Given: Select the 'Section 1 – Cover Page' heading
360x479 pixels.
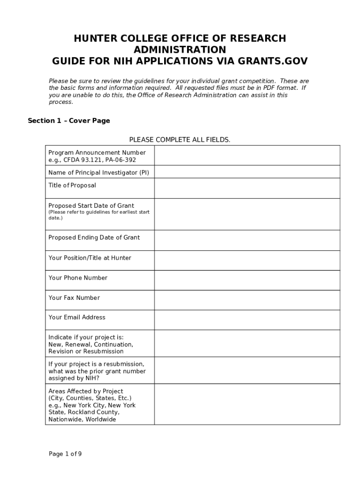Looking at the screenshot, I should point(69,121).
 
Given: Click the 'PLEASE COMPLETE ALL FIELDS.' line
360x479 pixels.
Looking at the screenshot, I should point(180,140).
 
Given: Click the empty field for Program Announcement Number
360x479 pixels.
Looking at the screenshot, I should point(247,155).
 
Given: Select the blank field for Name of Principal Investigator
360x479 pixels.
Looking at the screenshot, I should point(247,172).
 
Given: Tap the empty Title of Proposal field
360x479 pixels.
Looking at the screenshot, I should point(247,188).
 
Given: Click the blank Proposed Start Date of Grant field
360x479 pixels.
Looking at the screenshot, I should point(247,214).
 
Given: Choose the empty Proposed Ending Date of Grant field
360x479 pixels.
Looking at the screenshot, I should point(247,240).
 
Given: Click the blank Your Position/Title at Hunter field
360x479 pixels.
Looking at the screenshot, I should point(247,261).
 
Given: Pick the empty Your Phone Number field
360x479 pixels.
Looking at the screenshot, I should point(247,281).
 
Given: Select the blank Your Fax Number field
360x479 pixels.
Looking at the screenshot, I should point(247,300).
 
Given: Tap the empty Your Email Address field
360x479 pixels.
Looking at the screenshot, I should point(247,320).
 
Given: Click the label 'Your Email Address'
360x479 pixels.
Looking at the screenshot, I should point(77,317).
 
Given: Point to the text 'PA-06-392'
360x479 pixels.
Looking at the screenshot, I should point(121,160).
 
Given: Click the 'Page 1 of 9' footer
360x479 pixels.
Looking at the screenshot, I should point(65,454).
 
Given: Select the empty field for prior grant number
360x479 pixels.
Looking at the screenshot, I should point(247,370).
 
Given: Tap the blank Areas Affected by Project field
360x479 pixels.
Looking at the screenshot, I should point(247,404).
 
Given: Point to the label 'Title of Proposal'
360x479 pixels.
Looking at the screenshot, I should point(72,185).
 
